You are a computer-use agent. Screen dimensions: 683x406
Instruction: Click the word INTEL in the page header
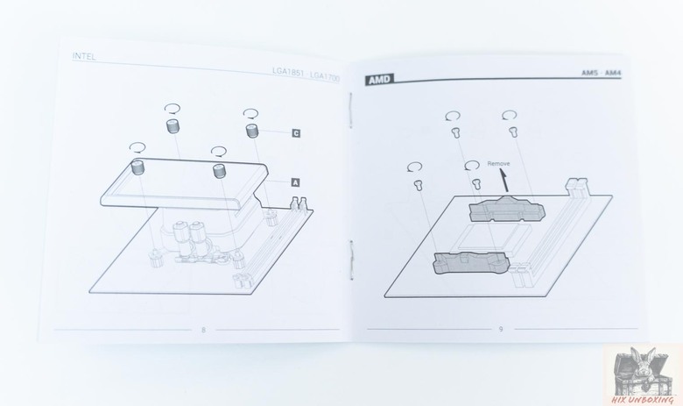pos(84,56)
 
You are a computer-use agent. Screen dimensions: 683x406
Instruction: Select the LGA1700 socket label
pos(325,76)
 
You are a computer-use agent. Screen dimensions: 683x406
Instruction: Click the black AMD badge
pos(379,80)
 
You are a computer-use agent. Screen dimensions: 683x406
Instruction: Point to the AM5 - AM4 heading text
pos(601,73)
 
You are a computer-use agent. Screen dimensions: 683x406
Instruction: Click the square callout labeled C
pos(296,133)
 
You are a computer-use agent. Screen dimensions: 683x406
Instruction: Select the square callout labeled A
pos(295,182)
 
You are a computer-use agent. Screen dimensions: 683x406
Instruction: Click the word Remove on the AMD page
pos(498,163)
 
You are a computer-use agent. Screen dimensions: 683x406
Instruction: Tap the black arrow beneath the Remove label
pos(504,181)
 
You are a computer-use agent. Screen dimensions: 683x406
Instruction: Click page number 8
pos(203,330)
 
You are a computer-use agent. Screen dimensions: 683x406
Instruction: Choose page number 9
pos(501,329)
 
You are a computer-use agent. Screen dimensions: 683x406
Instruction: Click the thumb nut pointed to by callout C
pos(252,131)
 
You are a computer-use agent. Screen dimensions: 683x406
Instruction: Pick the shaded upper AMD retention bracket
pos(507,209)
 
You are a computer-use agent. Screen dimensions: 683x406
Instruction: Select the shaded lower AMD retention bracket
pos(471,262)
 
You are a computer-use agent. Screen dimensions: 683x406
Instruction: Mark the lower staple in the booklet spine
pos(351,259)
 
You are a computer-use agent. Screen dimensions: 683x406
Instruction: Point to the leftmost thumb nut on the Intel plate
pos(138,167)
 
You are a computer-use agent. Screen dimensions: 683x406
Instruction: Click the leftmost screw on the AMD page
pos(419,184)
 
